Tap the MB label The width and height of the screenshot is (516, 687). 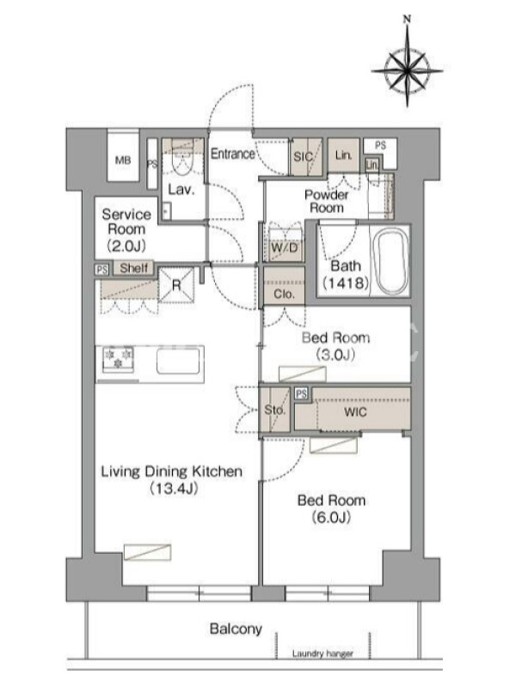[x=123, y=161]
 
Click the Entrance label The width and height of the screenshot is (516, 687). [x=232, y=154]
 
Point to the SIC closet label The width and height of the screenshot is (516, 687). [x=304, y=157]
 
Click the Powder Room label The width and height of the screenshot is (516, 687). [x=327, y=201]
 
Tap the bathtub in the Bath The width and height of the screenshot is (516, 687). [x=393, y=262]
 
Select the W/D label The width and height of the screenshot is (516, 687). [x=285, y=248]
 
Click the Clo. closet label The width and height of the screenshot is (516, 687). [x=284, y=294]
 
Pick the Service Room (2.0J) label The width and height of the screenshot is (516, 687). [x=126, y=229]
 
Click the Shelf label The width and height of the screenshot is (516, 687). [x=133, y=268]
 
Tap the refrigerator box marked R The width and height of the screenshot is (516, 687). [x=176, y=285]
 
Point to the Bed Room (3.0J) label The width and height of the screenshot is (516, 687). [x=335, y=346]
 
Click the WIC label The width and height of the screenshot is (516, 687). [x=355, y=412]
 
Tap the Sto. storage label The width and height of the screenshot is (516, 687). [x=274, y=410]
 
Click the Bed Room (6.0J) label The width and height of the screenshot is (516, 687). [x=331, y=508]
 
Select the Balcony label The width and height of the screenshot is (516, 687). [x=236, y=629]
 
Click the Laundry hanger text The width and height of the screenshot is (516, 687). [x=322, y=654]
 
